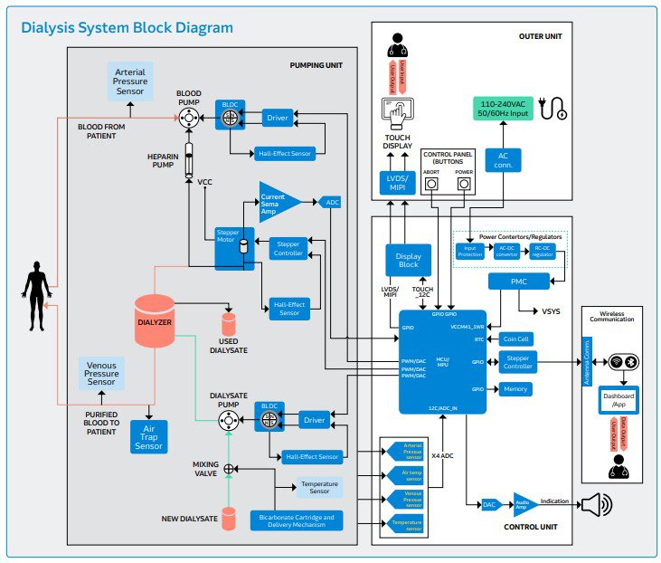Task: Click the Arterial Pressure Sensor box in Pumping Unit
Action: [128, 80]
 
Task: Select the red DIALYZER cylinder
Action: [155, 320]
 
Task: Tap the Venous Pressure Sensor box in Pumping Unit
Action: [101, 373]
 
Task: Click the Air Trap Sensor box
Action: [149, 434]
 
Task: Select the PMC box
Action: [519, 281]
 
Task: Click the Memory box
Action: [515, 389]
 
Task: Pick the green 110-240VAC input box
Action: [502, 110]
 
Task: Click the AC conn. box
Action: [503, 160]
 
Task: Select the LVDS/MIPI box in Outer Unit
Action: [396, 181]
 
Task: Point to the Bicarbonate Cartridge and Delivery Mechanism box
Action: [297, 520]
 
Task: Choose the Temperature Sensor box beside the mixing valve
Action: [321, 488]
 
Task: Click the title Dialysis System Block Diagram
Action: [127, 28]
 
